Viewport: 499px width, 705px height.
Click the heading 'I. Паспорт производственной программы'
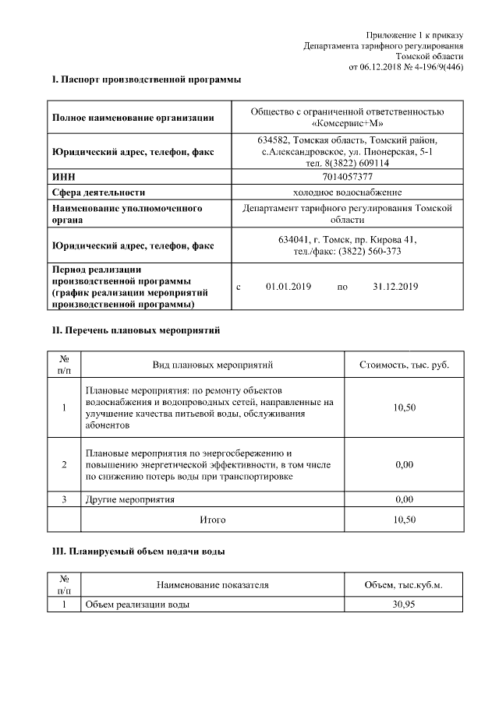(146, 79)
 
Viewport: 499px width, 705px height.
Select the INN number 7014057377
(347, 178)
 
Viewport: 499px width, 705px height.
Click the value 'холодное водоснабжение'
(347, 192)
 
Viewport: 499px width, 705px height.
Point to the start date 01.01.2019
(288, 287)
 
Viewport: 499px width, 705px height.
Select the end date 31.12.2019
(395, 287)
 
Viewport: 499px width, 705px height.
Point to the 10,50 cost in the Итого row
(404, 519)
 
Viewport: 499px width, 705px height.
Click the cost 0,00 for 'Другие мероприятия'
(404, 499)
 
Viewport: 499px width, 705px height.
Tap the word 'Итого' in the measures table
(212, 519)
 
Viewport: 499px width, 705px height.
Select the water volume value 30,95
(403, 605)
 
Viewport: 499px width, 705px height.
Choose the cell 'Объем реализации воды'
(137, 605)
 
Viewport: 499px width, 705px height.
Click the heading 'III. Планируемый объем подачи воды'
(138, 552)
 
